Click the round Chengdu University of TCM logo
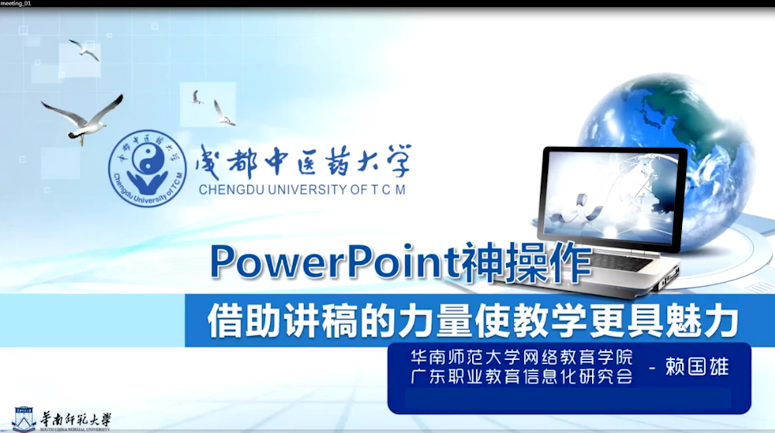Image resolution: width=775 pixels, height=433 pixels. (x=147, y=169)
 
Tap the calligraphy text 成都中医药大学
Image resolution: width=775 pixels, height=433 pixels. (x=302, y=161)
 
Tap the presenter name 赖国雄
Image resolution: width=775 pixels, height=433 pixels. (x=697, y=367)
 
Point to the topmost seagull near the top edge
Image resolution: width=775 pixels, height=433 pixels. (x=84, y=49)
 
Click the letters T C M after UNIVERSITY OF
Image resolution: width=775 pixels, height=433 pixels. (x=387, y=189)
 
